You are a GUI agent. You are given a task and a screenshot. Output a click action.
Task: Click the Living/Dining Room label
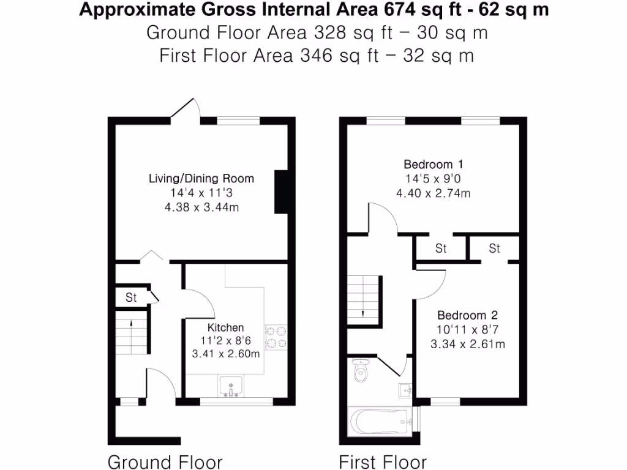click(201, 179)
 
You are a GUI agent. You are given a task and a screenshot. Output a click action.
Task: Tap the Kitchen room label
click(225, 328)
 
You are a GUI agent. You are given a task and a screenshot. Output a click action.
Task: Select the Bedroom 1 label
click(433, 164)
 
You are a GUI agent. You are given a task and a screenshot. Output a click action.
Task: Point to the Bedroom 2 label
click(467, 316)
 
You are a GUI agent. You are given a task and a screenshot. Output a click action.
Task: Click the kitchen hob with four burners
click(276, 337)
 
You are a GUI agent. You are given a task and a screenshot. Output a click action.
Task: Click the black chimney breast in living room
click(282, 192)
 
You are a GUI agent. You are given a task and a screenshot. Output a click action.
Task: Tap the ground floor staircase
click(132, 337)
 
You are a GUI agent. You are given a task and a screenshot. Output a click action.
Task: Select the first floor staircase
click(364, 301)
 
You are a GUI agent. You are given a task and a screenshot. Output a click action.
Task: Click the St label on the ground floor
click(131, 298)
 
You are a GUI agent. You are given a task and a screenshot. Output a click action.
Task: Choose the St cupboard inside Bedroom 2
click(494, 248)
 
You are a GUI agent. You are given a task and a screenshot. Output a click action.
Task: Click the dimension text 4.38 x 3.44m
click(201, 207)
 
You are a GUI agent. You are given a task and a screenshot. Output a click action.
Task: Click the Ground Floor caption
click(165, 461)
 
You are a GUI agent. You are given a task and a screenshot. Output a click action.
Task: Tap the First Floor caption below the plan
click(383, 461)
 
